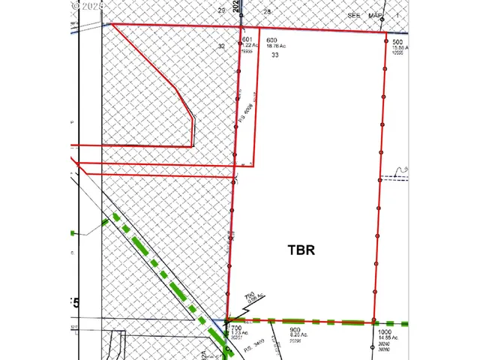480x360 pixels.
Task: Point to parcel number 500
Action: (397, 42)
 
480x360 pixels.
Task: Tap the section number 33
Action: (275, 55)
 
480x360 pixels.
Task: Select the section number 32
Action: (221, 46)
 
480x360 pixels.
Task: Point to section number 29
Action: (221, 11)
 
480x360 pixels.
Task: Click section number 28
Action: (267, 12)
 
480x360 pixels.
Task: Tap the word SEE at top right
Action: (354, 16)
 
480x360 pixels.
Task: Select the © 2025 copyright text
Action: (88, 5)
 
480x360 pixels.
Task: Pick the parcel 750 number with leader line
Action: (253, 294)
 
